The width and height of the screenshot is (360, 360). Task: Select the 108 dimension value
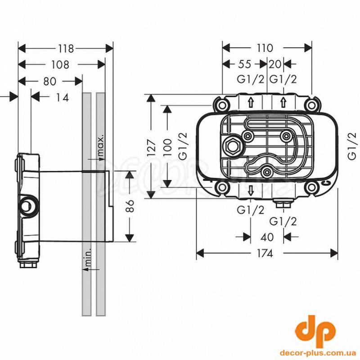tap(59, 65)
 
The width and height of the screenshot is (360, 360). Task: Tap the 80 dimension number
tap(49, 81)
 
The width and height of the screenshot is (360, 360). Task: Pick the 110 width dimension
tap(265, 48)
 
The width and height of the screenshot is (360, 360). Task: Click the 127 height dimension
tap(151, 146)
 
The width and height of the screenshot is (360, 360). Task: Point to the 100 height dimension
tap(167, 146)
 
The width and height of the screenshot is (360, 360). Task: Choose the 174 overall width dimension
tap(265, 253)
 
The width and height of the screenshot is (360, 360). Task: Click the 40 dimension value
tap(267, 237)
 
